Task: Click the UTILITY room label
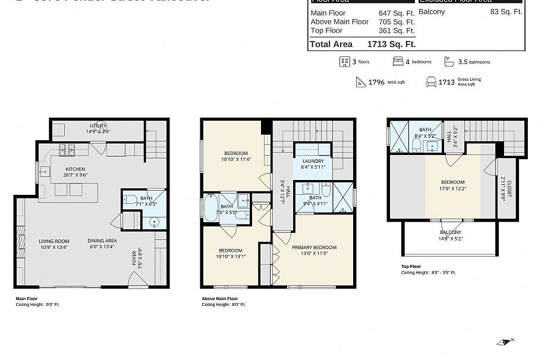99,125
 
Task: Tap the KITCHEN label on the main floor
76,169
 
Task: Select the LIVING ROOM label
54,241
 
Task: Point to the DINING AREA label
103,241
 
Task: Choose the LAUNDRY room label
313,161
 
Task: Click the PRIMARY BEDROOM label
314,248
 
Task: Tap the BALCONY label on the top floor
451,232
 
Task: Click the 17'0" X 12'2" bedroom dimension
452,189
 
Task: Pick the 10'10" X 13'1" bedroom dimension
230,257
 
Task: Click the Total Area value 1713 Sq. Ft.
391,44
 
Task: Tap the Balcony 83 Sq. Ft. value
506,11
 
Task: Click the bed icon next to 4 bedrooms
398,61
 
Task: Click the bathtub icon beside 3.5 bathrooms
449,61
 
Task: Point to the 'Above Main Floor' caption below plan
220,299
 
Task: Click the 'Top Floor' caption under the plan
411,267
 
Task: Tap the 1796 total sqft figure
378,83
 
